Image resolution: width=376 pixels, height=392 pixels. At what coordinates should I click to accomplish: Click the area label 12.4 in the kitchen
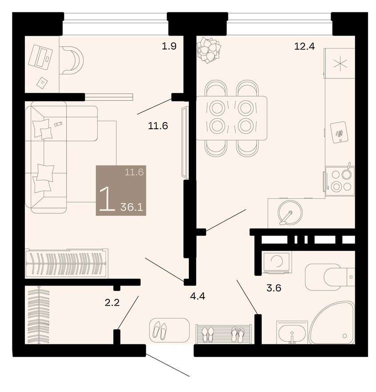coord(304,45)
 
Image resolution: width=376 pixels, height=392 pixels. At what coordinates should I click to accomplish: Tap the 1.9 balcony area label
coord(169,45)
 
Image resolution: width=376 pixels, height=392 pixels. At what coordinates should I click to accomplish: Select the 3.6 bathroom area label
coord(274,288)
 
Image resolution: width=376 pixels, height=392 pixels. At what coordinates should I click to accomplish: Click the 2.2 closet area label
coord(112,303)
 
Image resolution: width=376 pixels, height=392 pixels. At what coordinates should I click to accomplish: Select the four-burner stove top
coord(340,180)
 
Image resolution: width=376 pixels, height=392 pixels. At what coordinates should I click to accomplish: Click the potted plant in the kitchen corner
coord(208,49)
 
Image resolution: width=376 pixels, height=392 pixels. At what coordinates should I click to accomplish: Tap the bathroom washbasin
coord(291,332)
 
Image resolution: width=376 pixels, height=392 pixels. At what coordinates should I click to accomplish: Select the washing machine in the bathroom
coord(276,262)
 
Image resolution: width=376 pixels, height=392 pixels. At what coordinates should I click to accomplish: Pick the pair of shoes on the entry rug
coord(160,330)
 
